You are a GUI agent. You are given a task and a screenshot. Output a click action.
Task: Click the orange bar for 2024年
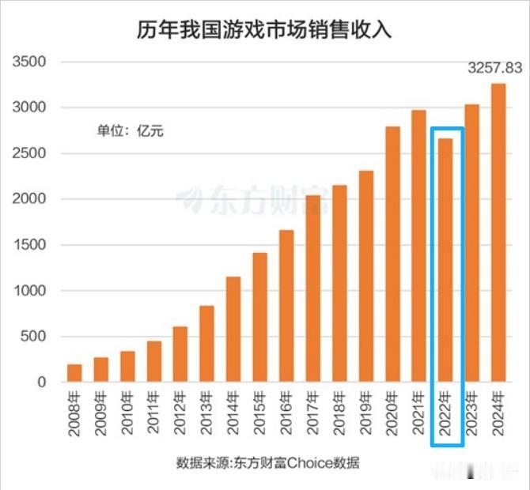point(498,233)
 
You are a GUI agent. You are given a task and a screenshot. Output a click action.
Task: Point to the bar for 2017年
point(312,288)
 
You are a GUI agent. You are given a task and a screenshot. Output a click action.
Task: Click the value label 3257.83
point(497,69)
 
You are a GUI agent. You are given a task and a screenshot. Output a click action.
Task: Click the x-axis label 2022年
point(445,413)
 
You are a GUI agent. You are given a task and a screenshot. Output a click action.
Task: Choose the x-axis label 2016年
point(286,413)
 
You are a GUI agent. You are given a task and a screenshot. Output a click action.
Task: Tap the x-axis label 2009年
point(101,413)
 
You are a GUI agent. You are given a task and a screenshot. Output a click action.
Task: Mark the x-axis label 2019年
point(366,413)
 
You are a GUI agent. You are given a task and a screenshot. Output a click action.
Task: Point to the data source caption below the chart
point(269,462)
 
